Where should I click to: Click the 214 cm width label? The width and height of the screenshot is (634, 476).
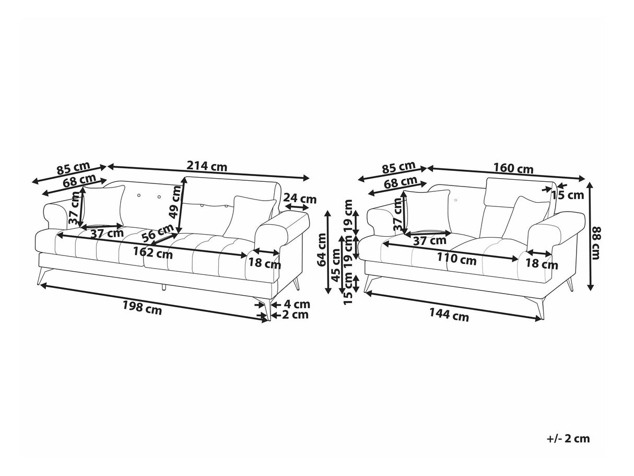(207, 166)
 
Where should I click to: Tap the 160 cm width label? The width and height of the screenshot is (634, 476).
(513, 168)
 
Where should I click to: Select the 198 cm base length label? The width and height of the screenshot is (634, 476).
(143, 307)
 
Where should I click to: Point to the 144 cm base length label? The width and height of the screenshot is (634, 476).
(449, 315)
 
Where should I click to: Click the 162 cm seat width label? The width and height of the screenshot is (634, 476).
(153, 253)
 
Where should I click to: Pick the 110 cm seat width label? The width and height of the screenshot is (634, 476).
(456, 259)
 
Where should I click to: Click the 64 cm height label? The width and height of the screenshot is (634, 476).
(322, 250)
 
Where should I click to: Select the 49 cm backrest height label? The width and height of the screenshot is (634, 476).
(175, 202)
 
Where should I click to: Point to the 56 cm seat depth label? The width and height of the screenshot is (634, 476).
(158, 233)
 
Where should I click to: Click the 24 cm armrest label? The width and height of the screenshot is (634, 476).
(300, 199)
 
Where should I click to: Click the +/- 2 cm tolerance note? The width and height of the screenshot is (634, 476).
(568, 439)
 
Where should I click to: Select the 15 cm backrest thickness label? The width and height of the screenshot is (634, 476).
(568, 195)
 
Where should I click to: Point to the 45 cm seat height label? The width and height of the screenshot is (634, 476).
(336, 265)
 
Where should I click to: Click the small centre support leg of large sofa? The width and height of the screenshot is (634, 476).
(164, 287)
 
